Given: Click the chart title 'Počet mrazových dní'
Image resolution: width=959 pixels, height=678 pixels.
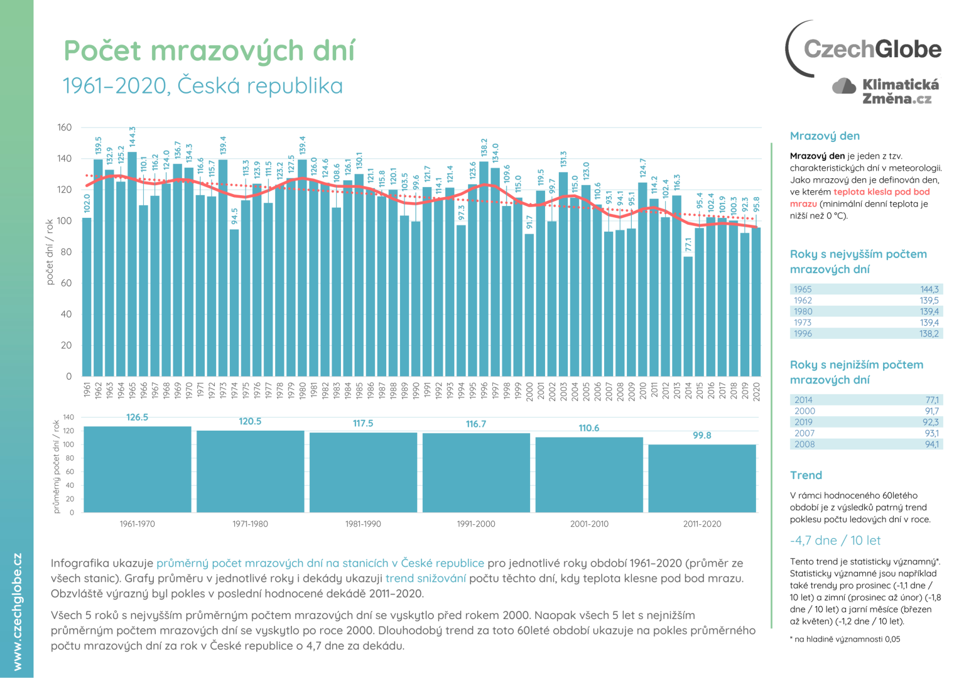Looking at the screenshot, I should [209, 51].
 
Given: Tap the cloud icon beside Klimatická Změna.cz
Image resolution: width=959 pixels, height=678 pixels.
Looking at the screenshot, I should [844, 87].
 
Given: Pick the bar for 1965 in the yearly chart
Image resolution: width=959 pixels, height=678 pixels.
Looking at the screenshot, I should [132, 264].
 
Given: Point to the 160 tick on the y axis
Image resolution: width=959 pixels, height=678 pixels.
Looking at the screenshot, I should [65, 127].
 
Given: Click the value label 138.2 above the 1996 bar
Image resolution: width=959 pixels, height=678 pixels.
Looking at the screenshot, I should [484, 148].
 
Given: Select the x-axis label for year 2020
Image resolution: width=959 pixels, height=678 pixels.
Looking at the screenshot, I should [756, 390].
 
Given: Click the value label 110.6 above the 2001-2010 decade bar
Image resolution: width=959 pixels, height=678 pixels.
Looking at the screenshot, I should [588, 428].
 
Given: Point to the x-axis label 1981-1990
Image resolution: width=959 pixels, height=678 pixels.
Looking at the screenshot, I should [363, 524].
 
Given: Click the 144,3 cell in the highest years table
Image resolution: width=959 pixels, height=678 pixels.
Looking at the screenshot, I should [929, 289].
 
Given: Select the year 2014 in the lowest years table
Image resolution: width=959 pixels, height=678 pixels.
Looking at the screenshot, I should [803, 400].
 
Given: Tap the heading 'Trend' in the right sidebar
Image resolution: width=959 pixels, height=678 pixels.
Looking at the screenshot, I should [806, 475].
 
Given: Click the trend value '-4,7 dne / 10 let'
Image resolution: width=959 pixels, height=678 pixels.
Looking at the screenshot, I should [835, 541].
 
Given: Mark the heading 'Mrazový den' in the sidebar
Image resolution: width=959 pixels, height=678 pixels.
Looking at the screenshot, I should [825, 136].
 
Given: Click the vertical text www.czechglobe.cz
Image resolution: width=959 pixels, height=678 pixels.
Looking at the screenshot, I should [18, 611].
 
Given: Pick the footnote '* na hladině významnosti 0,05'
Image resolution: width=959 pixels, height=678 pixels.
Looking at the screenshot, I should [845, 639].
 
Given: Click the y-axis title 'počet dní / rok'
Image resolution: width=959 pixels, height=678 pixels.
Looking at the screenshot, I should [50, 252].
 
